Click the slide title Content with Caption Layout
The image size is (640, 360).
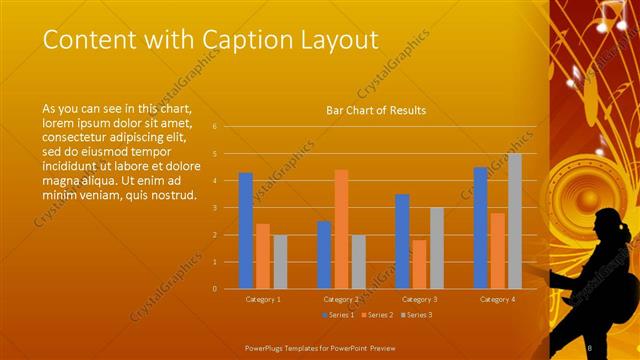pos(211,40)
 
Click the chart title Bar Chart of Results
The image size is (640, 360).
pos(376,110)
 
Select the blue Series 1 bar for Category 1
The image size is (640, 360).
pos(246,231)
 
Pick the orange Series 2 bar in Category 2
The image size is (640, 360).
pos(341,229)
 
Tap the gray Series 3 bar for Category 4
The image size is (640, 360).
pos(514,221)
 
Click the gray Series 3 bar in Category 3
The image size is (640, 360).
pos(436,248)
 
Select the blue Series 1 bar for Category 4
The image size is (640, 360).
pos(480,228)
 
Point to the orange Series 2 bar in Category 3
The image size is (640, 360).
pos(419,264)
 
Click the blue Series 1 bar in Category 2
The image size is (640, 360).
pos(324,255)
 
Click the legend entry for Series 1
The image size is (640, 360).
pos(339,315)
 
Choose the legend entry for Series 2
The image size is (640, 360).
pos(378,315)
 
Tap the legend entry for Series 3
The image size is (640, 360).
pos(417,315)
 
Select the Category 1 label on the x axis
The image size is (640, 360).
pos(263,299)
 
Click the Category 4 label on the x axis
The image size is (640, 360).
pos(497,299)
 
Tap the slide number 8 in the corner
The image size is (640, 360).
pos(590,347)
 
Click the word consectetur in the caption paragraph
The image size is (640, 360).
pos(75,131)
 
